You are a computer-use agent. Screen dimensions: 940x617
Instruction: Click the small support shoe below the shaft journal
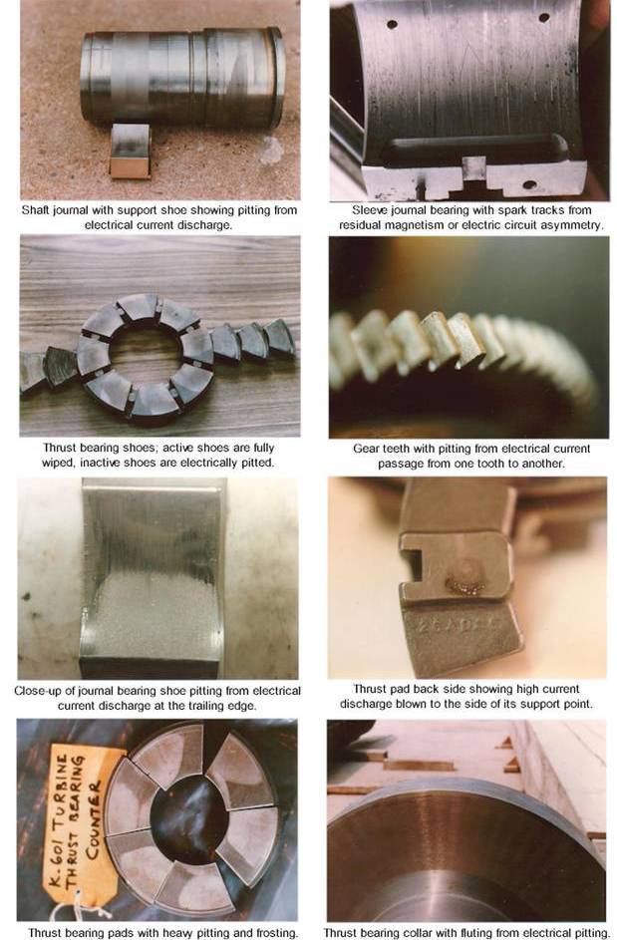coord(130,151)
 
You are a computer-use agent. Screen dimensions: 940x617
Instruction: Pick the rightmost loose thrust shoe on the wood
coord(279,339)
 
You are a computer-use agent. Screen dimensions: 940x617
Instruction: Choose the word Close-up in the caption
coord(37,690)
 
